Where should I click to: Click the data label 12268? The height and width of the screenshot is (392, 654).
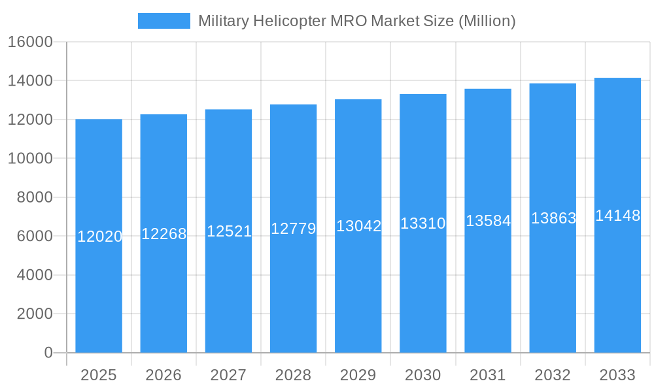pos(164,234)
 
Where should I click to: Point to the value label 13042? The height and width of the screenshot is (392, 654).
pos(358,226)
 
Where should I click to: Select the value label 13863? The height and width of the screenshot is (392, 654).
pos(553,218)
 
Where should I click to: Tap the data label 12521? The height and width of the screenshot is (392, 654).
pos(229,231)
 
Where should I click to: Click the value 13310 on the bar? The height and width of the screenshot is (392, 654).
pos(423,223)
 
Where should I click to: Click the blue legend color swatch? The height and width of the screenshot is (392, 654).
pos(163,21)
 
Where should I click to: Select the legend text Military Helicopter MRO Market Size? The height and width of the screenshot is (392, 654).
pos(356,21)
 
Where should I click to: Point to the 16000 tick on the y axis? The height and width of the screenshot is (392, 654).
pos(30,42)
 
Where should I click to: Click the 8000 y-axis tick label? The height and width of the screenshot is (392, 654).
pos(35,197)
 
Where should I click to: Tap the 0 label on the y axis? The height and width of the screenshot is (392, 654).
pos(48,353)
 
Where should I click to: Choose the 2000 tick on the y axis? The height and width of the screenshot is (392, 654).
pos(35,314)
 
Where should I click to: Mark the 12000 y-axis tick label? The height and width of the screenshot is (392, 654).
pos(30,120)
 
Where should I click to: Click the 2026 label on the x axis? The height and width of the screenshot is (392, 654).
pos(163,375)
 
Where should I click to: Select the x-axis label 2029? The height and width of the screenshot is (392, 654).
pos(358,375)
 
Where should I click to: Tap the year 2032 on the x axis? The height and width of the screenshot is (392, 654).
pos(553,375)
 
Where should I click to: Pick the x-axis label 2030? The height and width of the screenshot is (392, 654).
pos(423,375)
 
